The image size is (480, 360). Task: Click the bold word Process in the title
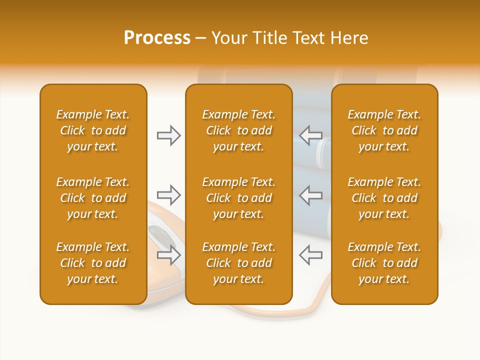[x=157, y=38]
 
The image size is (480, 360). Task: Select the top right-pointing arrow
[x=168, y=135]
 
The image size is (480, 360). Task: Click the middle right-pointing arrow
[x=168, y=194]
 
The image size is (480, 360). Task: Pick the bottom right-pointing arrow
[x=168, y=255]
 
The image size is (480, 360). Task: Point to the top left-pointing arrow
[x=310, y=135]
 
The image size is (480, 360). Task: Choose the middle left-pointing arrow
[x=310, y=194]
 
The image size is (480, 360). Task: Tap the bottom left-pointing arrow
[x=310, y=254]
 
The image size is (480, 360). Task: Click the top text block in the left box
[x=93, y=130]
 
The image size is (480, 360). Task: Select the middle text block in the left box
[x=93, y=198]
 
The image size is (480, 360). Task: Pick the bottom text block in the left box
[x=93, y=263]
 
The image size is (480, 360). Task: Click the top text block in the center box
[x=239, y=130]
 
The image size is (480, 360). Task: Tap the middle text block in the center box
[x=239, y=198]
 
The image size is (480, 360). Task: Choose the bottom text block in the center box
[x=239, y=263]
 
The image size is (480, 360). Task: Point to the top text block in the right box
[x=384, y=130]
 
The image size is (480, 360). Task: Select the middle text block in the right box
[x=384, y=198]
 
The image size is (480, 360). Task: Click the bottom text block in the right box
[x=384, y=263]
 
